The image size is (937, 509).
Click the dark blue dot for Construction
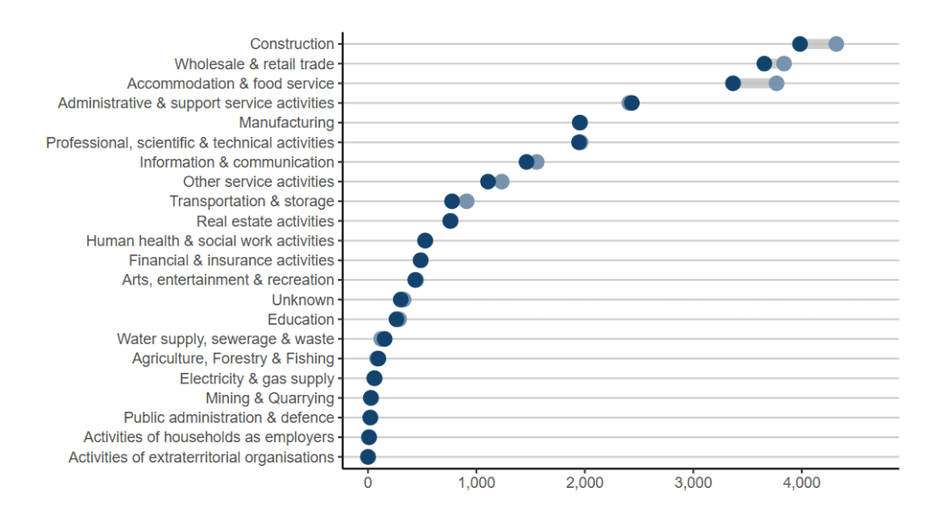[799, 44]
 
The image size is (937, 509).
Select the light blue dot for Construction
[836, 44]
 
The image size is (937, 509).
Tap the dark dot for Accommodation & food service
[733, 83]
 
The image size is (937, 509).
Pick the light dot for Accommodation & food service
[776, 83]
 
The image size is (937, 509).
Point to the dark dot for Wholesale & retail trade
[764, 63]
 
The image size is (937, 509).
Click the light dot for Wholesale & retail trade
[783, 63]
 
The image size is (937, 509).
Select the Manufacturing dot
[579, 123]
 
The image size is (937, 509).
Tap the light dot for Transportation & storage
[467, 201]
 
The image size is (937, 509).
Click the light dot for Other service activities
[502, 182]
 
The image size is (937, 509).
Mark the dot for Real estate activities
[450, 221]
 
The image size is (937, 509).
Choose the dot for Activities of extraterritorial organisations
[368, 456]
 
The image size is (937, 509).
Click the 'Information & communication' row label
[237, 162]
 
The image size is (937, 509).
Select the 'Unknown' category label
[303, 300]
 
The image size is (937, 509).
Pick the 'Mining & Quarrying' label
[269, 398]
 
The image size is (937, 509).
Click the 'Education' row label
[301, 319]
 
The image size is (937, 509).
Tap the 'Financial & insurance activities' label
[232, 261]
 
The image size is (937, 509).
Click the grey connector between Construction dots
[818, 44]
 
